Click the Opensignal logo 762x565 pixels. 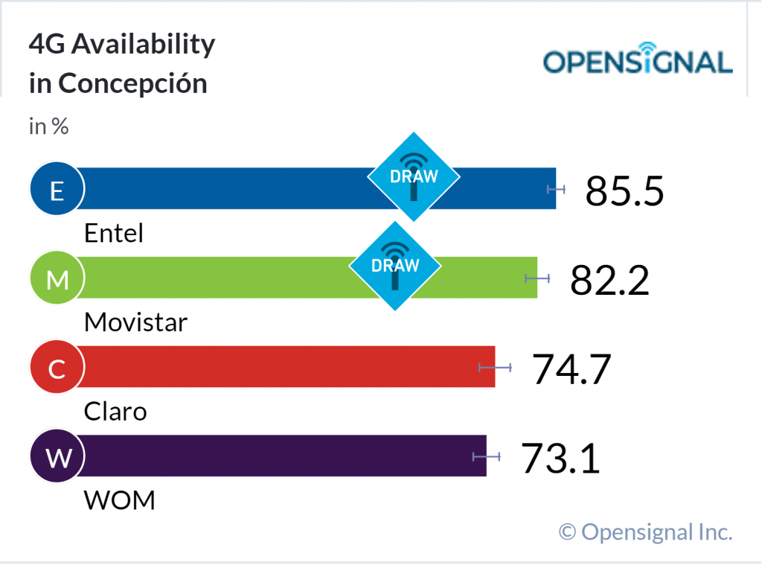(x=638, y=61)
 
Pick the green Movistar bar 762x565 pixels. (x=223, y=278)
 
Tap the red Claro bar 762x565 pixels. (x=283, y=366)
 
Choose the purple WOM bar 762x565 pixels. (x=283, y=456)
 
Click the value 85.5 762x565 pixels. (x=624, y=191)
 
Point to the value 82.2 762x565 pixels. (x=609, y=280)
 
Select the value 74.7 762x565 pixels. (x=571, y=369)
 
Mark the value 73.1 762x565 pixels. (x=560, y=459)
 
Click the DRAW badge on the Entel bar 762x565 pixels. (x=414, y=176)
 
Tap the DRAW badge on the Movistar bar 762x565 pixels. (x=395, y=265)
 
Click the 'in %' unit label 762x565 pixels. (x=48, y=127)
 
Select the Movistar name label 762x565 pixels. (x=135, y=322)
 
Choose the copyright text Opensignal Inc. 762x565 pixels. (x=646, y=532)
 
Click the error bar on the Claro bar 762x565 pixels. (x=495, y=367)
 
